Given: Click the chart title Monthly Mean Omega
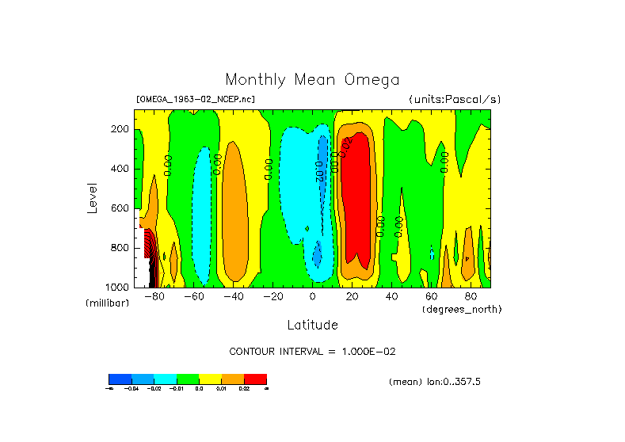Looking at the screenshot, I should pos(312,79).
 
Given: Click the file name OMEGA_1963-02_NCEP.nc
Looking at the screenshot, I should pos(196,100).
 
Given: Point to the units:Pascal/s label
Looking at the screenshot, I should pos(455,100).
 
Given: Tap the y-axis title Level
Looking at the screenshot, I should pos(93,197).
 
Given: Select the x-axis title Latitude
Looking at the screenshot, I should pos(312,325).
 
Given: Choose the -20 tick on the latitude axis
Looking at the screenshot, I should pos(272,297).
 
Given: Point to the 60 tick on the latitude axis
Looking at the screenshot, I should pos(431,297).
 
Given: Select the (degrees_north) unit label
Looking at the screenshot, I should pos(462,308).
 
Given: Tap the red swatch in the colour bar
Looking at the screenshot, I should pos(255,379).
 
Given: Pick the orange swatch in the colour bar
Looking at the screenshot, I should pos(233,379).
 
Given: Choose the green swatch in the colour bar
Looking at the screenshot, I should pos(188,379).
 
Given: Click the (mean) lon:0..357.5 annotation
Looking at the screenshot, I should pos(435,382).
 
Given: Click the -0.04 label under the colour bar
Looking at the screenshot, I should pos(131,389).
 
